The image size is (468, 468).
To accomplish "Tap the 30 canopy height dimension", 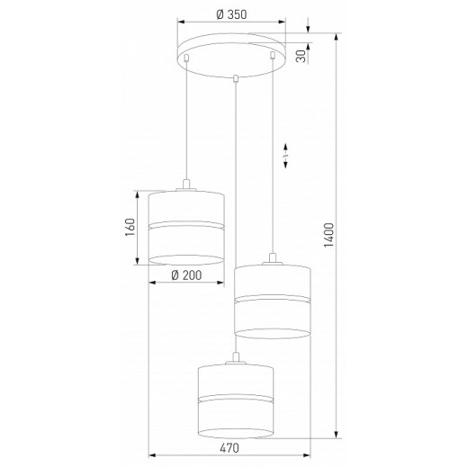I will [x=303, y=55].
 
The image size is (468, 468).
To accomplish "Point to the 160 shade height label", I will [x=129, y=228].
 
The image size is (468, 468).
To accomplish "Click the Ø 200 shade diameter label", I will [x=185, y=276].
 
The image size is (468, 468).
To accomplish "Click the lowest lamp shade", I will [x=235, y=400].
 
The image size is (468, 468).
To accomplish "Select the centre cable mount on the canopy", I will [x=235, y=78].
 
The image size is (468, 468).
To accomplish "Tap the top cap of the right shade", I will [x=272, y=260].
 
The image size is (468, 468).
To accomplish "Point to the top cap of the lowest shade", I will [x=235, y=359].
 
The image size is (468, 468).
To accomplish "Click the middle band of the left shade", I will [x=185, y=222].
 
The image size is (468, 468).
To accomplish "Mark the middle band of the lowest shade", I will [x=235, y=397].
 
